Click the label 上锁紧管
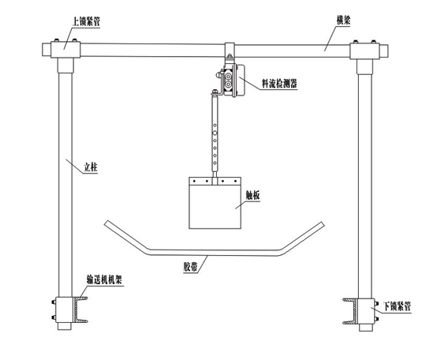coord(86,21)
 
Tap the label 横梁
coord(343,20)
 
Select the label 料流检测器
coord(279,84)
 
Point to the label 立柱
coord(91,167)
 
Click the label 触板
coord(252,195)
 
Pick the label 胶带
coord(191,267)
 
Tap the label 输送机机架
coord(104,279)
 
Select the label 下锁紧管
coord(397,306)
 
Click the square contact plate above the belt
coord(215,203)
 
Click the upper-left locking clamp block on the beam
coord(65,50)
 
